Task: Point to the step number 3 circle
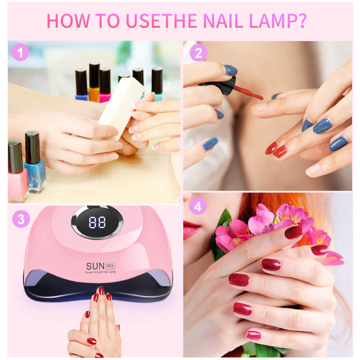pos(21,219)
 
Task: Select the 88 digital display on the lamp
pos(97,222)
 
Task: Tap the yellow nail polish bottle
pos(94,86)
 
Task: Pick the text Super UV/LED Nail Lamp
pos(101,272)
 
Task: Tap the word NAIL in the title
pos(221,21)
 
